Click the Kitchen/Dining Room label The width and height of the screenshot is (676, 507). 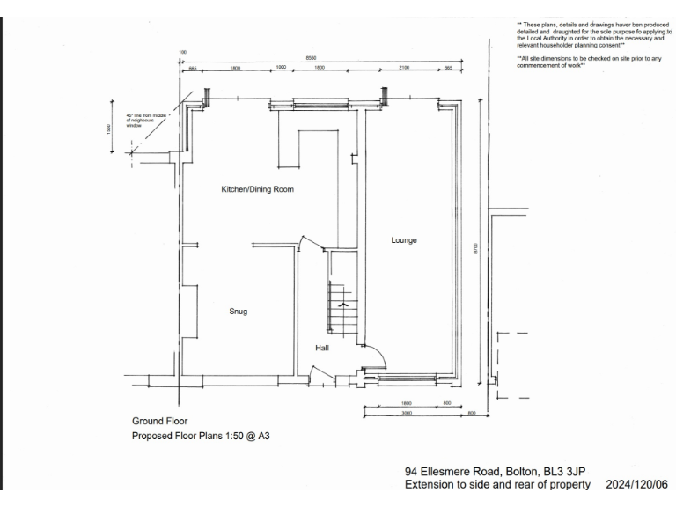(x=257, y=189)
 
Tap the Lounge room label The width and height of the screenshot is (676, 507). (x=404, y=239)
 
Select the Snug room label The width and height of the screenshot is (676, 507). (x=238, y=311)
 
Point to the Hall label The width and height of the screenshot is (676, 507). (x=322, y=349)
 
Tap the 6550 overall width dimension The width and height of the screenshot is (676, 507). (x=311, y=57)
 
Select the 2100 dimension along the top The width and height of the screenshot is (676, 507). (x=404, y=67)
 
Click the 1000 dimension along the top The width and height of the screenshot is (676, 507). (x=282, y=67)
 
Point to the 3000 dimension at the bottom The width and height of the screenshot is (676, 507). (x=407, y=412)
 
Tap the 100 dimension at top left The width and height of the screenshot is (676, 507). (x=182, y=53)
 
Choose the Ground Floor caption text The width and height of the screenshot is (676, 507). (x=159, y=421)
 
